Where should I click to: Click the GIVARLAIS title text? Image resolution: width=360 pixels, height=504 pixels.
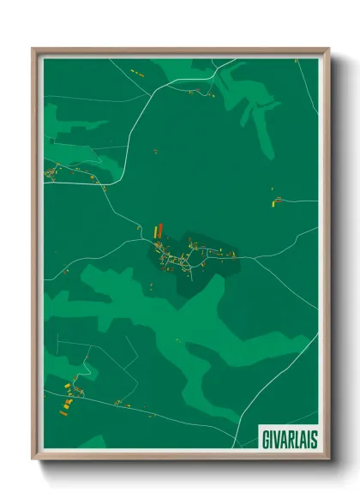pos(285,435)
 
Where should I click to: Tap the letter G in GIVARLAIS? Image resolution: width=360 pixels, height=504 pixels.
pos(264,435)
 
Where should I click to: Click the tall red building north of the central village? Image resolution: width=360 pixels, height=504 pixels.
pos(160,230)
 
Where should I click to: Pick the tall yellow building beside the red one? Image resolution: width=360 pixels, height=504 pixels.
pos(155,231)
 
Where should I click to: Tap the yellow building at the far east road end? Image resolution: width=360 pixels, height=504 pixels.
pos(277,202)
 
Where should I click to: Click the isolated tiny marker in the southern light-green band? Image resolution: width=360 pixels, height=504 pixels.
pos(177,341)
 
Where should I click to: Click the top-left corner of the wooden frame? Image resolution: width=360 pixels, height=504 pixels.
pos(34,50)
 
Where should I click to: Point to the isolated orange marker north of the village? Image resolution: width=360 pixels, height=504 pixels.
pos(156,152)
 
